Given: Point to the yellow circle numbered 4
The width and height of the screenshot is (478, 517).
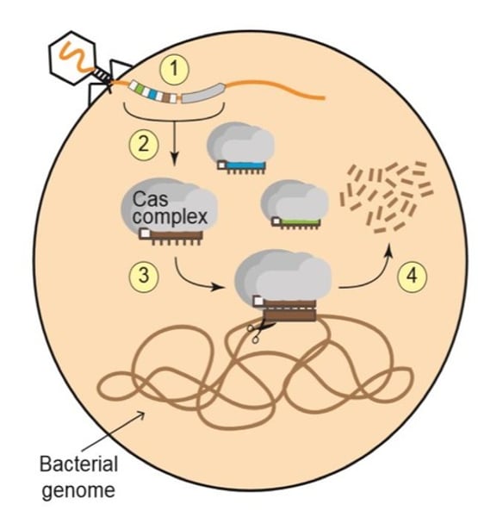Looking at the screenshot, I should coord(410,277).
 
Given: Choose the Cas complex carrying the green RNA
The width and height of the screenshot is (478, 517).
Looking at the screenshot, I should coord(292,203).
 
